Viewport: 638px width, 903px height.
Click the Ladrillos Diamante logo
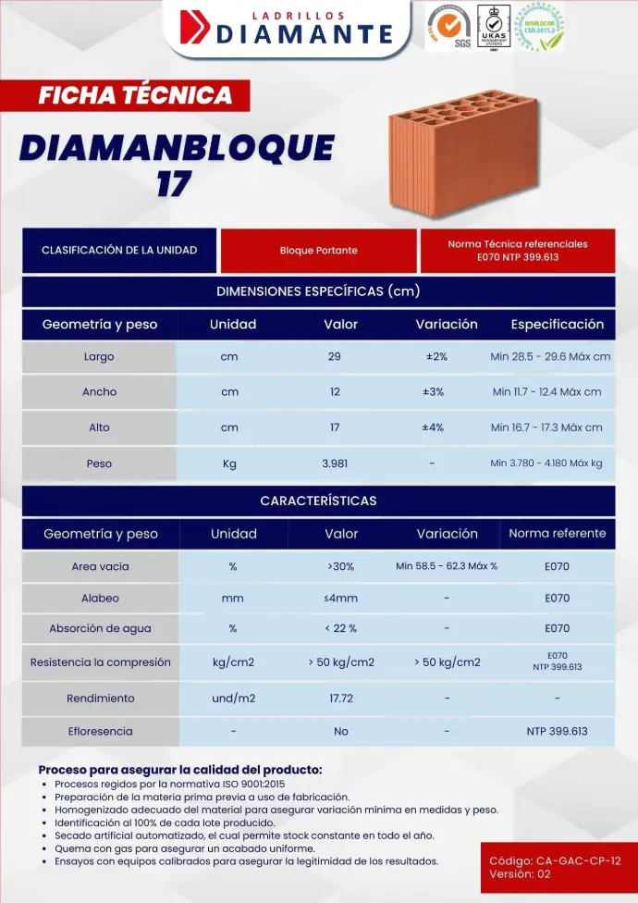[287, 29]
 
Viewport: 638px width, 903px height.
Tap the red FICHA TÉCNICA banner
[135, 95]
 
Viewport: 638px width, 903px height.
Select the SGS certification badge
[449, 27]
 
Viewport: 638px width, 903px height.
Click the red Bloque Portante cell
[318, 251]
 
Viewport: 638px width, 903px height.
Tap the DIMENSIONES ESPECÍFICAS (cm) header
[318, 291]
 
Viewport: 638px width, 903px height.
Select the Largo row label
[99, 356]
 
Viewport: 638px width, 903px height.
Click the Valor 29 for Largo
[335, 356]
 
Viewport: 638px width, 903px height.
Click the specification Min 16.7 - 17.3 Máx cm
[546, 427]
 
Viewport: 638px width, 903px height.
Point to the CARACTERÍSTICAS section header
[318, 501]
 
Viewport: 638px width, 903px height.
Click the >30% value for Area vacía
[340, 566]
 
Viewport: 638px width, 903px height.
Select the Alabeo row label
[100, 599]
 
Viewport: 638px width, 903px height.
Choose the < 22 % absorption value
[340, 629]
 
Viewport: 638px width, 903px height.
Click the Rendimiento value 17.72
[340, 698]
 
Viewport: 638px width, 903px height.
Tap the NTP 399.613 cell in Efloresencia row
[557, 731]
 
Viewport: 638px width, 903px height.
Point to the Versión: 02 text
[520, 873]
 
